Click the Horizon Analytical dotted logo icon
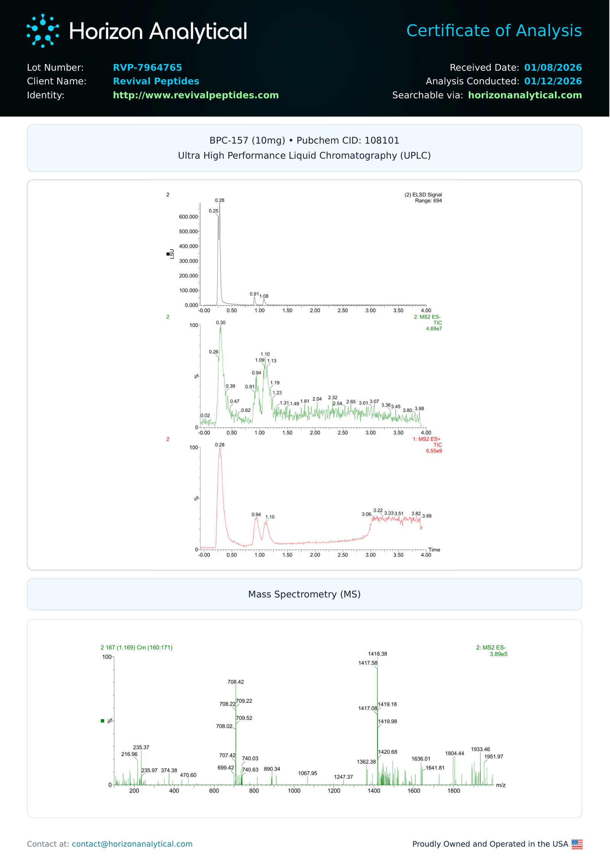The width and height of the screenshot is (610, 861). coord(43,31)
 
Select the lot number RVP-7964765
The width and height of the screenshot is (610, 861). coord(147,67)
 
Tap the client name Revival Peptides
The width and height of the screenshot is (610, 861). coord(156,81)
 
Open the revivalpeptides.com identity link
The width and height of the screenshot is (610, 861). coord(196,95)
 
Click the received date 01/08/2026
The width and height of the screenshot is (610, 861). coord(552,67)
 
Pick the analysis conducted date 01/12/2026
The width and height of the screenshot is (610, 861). coord(552,81)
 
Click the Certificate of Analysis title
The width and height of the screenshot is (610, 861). coord(494,30)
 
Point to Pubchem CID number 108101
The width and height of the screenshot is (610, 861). coord(382,141)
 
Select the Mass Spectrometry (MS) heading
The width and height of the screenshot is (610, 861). coord(304,594)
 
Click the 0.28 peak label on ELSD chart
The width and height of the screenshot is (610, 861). coord(220,200)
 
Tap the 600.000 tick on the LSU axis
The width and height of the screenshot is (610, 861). coord(188,217)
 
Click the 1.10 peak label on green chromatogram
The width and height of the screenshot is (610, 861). coord(265,354)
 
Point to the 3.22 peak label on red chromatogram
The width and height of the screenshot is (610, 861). coord(378,511)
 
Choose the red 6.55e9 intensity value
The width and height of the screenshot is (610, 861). coord(434,451)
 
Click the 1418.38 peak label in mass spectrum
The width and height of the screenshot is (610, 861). coord(377,654)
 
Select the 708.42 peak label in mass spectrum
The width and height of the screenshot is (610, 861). coord(236,682)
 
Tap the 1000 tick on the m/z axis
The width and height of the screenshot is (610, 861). coord(294,791)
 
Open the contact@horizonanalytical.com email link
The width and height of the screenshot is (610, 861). coord(132,844)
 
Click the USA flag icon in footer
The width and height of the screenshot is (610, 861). coord(577,844)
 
